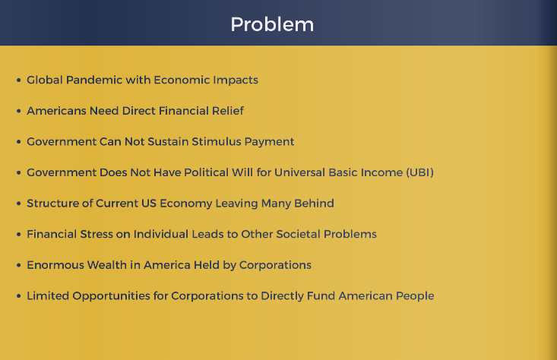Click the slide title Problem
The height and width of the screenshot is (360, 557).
(x=272, y=25)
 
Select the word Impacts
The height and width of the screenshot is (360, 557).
(x=236, y=81)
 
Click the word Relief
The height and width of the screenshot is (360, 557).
(x=228, y=111)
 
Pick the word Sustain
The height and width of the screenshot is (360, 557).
(x=168, y=142)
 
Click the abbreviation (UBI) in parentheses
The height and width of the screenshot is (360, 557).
(x=420, y=172)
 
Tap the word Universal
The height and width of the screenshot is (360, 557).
(x=300, y=172)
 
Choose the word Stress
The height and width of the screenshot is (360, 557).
(x=97, y=235)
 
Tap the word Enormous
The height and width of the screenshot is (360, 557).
(x=55, y=265)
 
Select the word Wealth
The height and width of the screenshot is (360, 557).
(x=107, y=265)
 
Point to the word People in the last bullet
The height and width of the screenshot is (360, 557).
(x=415, y=296)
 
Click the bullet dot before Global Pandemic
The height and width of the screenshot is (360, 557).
(x=18, y=81)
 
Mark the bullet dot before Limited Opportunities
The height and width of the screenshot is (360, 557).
(x=18, y=296)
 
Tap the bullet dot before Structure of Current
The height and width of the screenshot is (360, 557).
(x=18, y=204)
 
